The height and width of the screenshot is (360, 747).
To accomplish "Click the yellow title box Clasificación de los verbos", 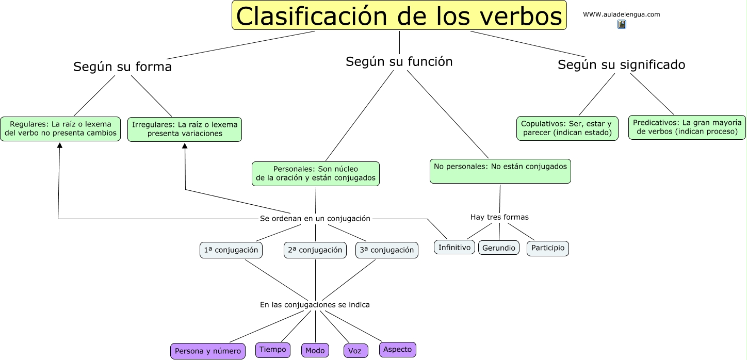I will pos(399,15).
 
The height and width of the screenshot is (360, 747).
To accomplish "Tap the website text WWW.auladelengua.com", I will pos(621,14).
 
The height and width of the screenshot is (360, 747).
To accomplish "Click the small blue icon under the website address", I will pos(621,24).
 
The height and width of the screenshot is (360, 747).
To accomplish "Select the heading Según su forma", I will pos(122,67).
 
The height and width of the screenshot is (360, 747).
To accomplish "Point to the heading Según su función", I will pos(399,62).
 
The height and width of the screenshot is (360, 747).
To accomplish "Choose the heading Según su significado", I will pos(621,65).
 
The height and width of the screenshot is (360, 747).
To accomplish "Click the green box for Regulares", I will pos(60,129).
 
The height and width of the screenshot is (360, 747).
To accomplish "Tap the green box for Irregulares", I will pos(185,129).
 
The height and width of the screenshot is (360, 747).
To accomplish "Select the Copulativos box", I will pos(567,128).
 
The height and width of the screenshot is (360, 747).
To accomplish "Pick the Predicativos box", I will pos(687,127).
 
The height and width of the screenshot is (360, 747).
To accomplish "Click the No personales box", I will pos(500,171).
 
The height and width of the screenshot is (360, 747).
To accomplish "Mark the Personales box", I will pos(315,174).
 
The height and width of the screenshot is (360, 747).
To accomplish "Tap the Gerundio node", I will pos(498,248).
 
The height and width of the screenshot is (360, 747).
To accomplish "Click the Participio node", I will pos(547,248).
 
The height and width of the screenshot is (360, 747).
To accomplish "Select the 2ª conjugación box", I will pos(315,250).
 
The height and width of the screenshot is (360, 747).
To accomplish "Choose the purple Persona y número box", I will pos(207,351).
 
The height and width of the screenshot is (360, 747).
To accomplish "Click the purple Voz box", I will pos(355,351).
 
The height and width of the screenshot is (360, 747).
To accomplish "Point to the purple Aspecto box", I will pos(397,350).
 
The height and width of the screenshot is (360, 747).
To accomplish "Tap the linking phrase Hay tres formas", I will pos(499,217).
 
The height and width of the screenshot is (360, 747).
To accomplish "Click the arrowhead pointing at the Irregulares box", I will pos(185,146).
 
